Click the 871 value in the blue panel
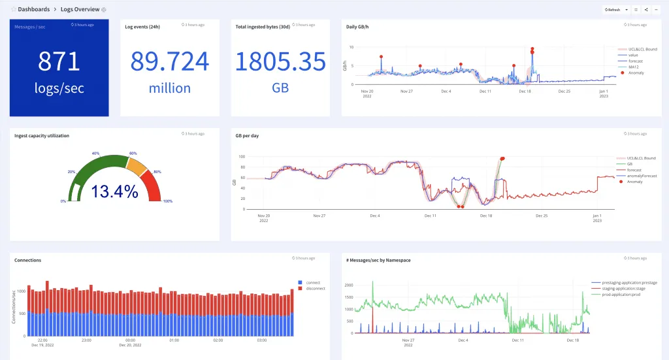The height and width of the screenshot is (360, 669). (x=59, y=61)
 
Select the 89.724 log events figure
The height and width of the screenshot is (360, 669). (x=170, y=61)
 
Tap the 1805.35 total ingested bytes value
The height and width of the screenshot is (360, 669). (x=280, y=61)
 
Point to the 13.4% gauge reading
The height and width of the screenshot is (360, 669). (x=114, y=191)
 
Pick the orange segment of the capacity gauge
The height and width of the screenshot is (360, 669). (x=137, y=167)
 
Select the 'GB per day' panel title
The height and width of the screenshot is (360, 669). (x=248, y=135)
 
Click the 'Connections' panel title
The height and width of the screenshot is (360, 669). (x=27, y=260)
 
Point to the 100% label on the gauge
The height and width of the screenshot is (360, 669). (x=167, y=201)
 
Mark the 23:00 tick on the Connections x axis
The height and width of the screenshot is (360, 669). (x=86, y=340)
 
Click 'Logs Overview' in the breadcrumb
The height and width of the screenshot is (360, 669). (x=81, y=10)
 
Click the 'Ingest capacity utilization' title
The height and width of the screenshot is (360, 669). (x=42, y=135)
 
